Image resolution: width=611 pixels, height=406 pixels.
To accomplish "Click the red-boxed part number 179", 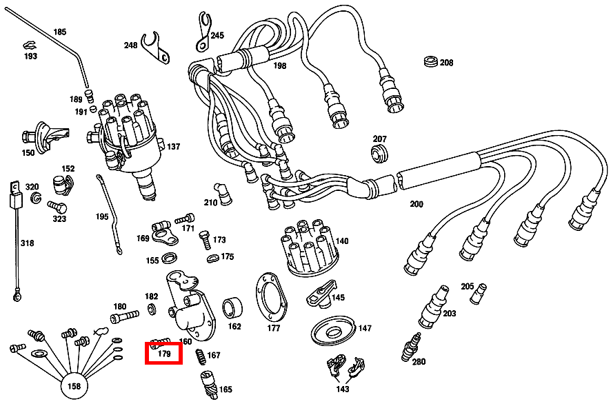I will point(163,354).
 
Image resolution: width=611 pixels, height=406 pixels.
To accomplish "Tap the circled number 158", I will point(73,386).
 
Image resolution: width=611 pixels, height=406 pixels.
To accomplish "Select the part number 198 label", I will point(279,66).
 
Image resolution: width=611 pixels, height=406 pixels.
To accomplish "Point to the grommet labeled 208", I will point(431,62).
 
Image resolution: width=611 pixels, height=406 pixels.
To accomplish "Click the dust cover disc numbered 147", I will point(333,329).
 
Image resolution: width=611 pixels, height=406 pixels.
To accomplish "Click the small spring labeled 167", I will point(200,356).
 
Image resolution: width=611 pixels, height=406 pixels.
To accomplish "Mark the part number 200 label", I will point(417,204).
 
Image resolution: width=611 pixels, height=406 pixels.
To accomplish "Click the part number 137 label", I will point(173,147).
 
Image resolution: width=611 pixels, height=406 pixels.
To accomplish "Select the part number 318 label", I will point(27,243).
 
